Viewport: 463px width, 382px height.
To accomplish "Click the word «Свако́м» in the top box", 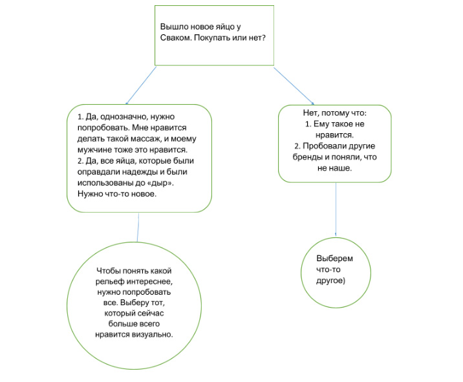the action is [176, 37].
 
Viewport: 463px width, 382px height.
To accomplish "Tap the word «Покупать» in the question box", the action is [211, 38].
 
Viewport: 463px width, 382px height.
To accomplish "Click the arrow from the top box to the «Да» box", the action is [141, 85].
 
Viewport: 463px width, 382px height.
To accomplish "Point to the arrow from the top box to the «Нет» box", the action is [294, 86].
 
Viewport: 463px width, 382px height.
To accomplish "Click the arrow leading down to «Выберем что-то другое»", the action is [336, 209].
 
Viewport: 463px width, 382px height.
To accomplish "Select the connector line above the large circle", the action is [138, 228].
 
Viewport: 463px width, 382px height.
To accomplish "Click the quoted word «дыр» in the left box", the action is [162, 183].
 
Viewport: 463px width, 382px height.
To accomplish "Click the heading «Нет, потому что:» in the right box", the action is [335, 112].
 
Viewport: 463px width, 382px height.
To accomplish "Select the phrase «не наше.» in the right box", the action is [335, 168].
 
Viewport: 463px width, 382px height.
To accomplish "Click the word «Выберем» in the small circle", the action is [334, 259].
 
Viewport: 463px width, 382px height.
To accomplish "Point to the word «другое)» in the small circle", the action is [330, 281].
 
